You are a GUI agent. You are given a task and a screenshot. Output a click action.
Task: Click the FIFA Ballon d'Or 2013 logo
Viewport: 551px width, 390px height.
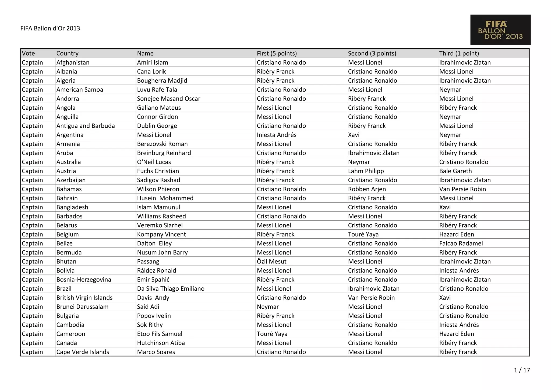click(x=500, y=30)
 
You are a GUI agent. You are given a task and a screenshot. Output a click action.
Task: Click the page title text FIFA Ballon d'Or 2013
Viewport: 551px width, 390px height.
click(x=50, y=28)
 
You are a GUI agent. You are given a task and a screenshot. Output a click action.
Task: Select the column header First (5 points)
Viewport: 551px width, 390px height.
click(x=277, y=53)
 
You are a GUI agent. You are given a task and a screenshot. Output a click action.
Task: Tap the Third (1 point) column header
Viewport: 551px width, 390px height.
click(x=459, y=53)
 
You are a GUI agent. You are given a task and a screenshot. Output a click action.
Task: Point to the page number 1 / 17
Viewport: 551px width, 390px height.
click(x=522, y=370)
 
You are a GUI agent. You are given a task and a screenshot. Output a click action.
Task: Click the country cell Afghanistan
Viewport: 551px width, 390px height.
click(x=73, y=62)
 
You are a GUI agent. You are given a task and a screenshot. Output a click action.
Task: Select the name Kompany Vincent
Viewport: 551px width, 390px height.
click(x=161, y=234)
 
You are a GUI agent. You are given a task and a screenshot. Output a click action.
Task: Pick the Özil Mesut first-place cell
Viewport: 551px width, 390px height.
click(x=271, y=262)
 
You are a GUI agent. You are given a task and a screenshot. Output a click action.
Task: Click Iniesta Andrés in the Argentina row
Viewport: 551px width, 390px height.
click(x=276, y=135)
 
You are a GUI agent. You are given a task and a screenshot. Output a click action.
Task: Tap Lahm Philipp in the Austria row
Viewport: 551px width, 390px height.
click(x=366, y=171)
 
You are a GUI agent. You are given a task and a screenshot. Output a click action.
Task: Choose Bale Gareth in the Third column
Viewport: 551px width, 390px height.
click(x=455, y=171)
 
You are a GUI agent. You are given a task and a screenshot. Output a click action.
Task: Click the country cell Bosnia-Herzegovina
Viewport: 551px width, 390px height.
click(x=84, y=280)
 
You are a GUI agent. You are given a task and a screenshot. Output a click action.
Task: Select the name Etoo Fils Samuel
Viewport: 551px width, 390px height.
click(x=160, y=334)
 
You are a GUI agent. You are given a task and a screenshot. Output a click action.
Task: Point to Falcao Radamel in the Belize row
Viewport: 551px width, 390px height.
click(x=461, y=243)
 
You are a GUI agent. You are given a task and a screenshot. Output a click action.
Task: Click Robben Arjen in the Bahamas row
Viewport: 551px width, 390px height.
click(x=367, y=189)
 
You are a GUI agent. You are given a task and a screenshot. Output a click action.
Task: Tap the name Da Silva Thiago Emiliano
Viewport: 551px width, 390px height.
click(x=171, y=289)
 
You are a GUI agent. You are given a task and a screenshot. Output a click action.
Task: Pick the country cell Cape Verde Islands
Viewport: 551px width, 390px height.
click(x=83, y=352)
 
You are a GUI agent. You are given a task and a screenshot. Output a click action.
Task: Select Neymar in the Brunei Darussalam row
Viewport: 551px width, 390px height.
click(x=268, y=307)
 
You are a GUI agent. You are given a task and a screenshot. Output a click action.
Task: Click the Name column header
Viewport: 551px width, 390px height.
click(x=145, y=53)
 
